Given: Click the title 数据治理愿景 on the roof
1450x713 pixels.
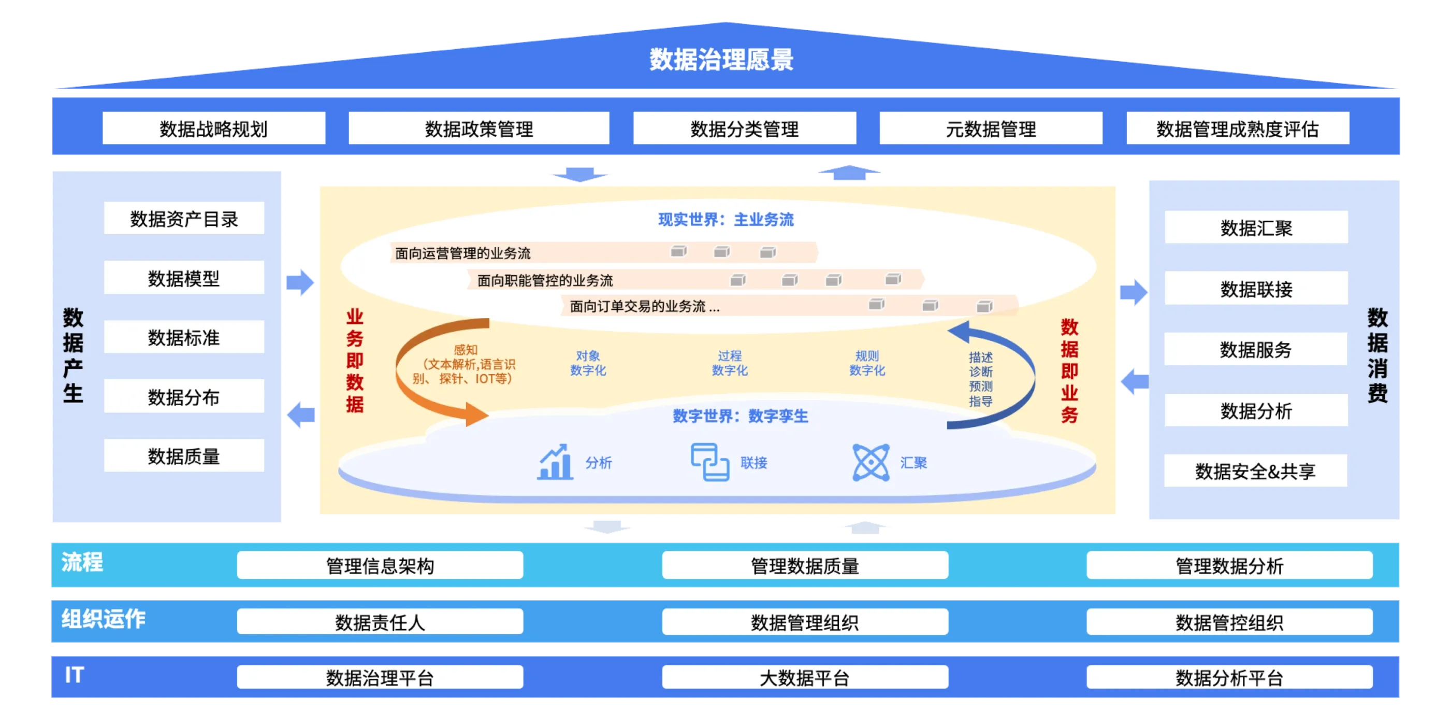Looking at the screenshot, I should (721, 59).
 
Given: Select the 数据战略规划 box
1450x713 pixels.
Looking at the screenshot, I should (213, 129).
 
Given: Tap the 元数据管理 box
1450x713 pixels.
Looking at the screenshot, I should (990, 129).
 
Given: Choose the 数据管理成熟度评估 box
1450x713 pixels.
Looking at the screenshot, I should (1237, 129).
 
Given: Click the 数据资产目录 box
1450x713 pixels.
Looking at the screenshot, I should (184, 219).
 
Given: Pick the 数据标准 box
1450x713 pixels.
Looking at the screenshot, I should (184, 337).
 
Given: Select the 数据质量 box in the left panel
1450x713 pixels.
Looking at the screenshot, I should (184, 455).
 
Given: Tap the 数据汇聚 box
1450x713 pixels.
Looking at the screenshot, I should (1256, 227).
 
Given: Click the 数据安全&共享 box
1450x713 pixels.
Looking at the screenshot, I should (1255, 471).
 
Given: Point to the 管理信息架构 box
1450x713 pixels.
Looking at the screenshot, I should (380, 565).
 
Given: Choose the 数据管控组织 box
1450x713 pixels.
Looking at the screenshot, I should (1229, 622).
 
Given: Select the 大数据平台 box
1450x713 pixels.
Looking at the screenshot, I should (805, 678).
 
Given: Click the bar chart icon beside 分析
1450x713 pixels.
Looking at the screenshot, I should (555, 462).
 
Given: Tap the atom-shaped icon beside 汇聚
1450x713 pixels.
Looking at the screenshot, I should (871, 462).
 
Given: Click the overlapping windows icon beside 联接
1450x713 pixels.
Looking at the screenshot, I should (710, 462).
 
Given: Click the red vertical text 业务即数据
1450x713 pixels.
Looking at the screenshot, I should (355, 361).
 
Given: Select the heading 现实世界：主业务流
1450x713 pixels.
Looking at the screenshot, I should (726, 220).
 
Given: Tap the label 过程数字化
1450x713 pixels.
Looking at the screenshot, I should (730, 363).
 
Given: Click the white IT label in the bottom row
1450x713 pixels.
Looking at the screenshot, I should (74, 675).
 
